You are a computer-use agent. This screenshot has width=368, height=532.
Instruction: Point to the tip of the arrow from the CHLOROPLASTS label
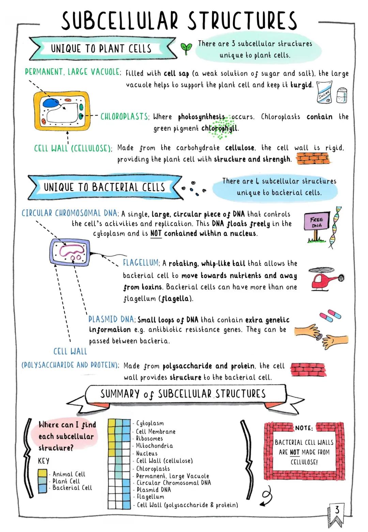[x=82, y=116]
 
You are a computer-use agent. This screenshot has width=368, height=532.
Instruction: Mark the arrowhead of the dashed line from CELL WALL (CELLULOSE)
[x=67, y=132]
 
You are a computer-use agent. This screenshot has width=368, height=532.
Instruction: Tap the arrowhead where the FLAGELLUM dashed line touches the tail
[x=102, y=256]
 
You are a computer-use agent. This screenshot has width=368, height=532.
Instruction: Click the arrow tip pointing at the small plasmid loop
[x=73, y=261]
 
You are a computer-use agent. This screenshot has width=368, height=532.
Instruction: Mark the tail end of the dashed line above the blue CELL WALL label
[x=70, y=342]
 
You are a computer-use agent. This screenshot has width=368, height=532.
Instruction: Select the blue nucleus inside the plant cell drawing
[x=50, y=103]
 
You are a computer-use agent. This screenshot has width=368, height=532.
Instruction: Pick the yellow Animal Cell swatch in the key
[x=42, y=473]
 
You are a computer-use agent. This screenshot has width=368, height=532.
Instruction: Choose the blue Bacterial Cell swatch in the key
[x=42, y=489]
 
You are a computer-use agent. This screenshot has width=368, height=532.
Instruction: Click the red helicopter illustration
[x=326, y=279]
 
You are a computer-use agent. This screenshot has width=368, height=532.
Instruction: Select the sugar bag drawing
[x=325, y=92]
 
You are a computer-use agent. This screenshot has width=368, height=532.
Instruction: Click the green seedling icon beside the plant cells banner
[x=186, y=48]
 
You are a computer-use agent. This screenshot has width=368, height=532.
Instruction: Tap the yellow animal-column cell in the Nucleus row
[x=111, y=453]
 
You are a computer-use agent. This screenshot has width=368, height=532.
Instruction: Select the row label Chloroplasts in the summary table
[x=153, y=469]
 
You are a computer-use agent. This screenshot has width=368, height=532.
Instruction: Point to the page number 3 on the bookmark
[x=337, y=510]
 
